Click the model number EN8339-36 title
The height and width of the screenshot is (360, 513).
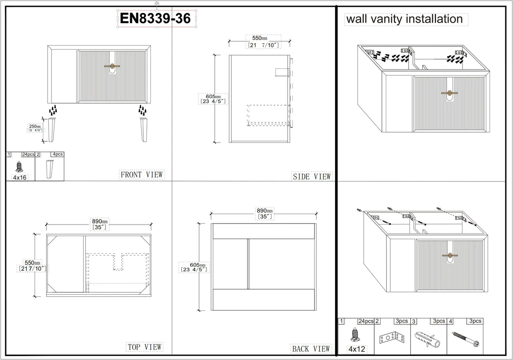click(155, 18)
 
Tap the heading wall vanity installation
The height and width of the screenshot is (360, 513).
click(404, 19)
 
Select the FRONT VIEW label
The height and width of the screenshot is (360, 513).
click(142, 174)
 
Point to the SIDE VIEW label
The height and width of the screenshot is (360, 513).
click(312, 176)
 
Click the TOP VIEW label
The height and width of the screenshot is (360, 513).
click(145, 347)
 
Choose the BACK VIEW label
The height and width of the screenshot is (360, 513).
click(311, 349)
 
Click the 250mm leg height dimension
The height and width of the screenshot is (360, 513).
click(35, 128)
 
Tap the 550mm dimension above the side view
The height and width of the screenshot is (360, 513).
click(264, 42)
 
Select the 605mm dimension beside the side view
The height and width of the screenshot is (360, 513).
click(213, 99)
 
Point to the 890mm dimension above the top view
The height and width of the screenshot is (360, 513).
click(100, 224)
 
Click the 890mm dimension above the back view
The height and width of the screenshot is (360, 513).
click(265, 214)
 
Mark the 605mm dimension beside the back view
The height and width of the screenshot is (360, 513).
click(194, 267)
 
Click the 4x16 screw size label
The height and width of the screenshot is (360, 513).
click(20, 177)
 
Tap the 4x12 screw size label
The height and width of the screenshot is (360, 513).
click(356, 349)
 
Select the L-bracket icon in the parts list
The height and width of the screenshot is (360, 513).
click(392, 337)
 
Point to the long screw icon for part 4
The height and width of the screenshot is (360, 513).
click(464, 339)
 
